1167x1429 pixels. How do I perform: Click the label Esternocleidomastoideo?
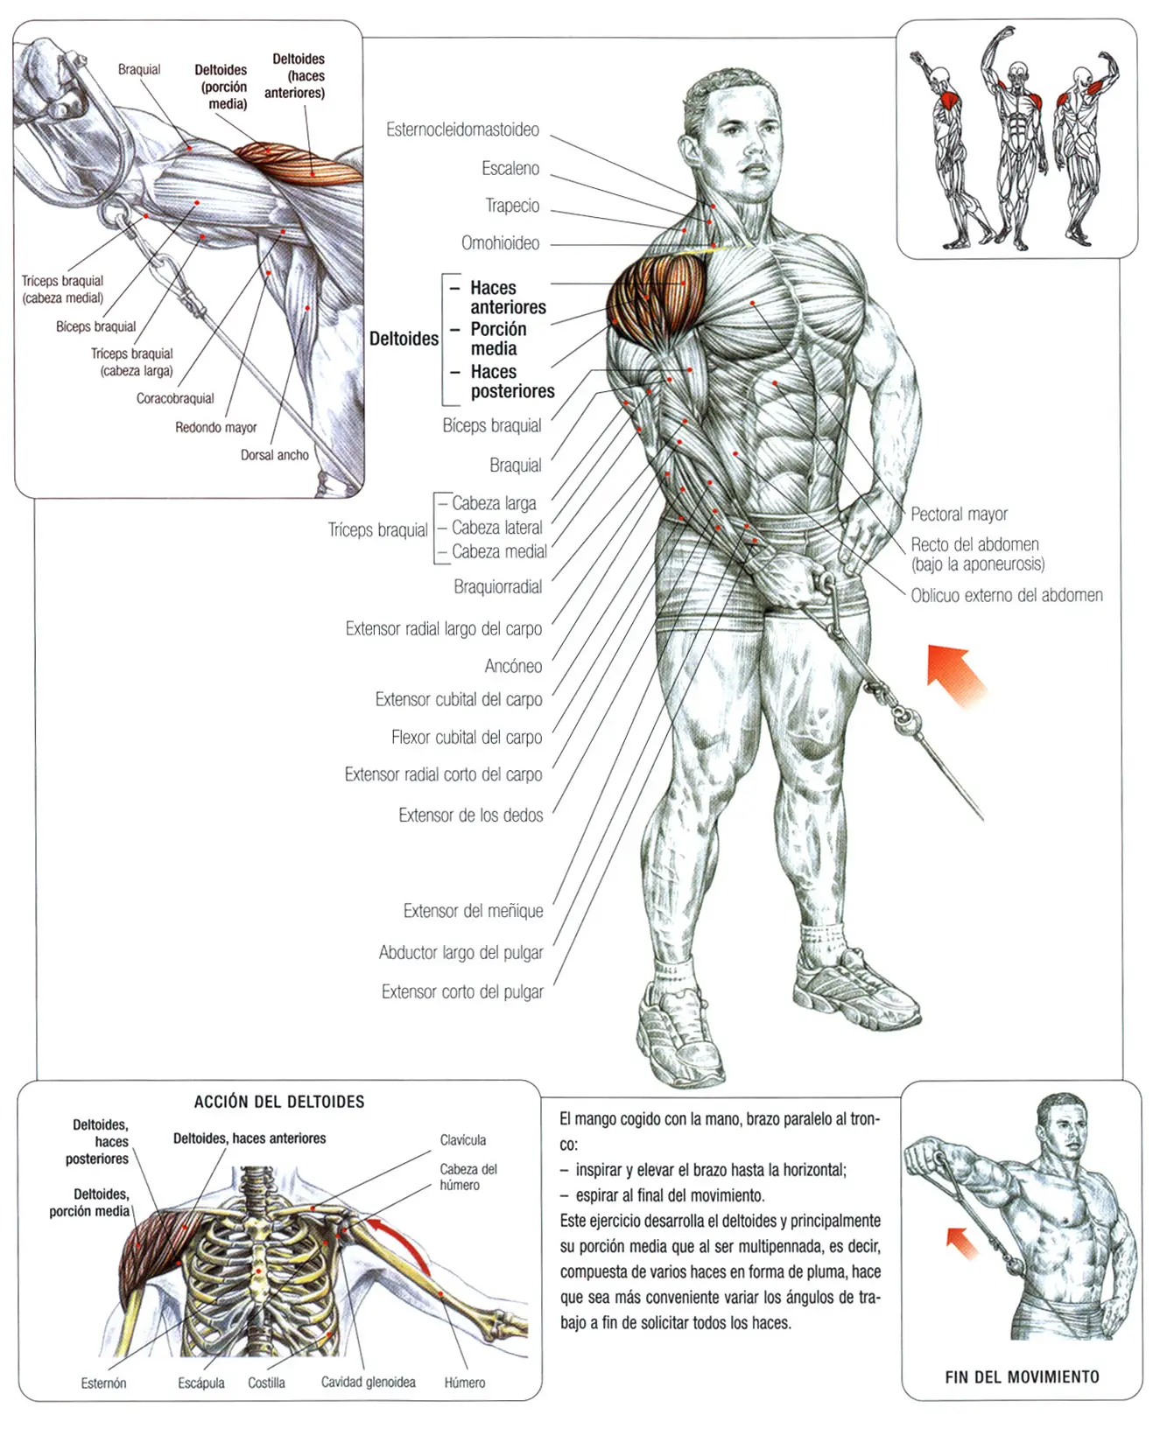coord(462,130)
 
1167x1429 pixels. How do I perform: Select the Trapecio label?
coord(512,207)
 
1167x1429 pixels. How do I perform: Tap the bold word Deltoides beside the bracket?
coord(404,340)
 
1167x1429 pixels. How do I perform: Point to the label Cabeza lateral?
coord(496,528)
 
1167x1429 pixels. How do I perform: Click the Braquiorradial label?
coord(497,587)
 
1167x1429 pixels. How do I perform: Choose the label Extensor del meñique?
coord(473,912)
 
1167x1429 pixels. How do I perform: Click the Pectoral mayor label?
coord(959,515)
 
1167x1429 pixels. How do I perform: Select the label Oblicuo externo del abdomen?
coord(1006,596)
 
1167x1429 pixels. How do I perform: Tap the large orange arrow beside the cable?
coord(956,675)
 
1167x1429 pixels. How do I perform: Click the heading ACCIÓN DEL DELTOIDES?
coord(279,1103)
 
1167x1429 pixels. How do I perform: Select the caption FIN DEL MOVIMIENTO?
coord(1022,1377)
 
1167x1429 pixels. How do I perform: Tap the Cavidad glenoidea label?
coord(368,1383)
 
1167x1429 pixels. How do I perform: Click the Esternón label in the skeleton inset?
coord(103,1383)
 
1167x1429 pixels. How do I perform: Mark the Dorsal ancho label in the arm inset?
coord(274,456)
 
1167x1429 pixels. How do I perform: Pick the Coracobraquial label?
coord(175,399)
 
